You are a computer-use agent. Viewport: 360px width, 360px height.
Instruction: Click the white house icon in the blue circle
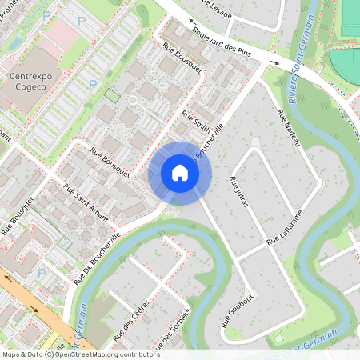[180, 173]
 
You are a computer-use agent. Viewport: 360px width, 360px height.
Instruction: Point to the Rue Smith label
[195, 121]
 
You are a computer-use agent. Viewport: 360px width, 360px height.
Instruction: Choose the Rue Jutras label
[239, 192]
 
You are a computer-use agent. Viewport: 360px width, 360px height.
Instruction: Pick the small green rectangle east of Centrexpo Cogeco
[111, 96]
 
